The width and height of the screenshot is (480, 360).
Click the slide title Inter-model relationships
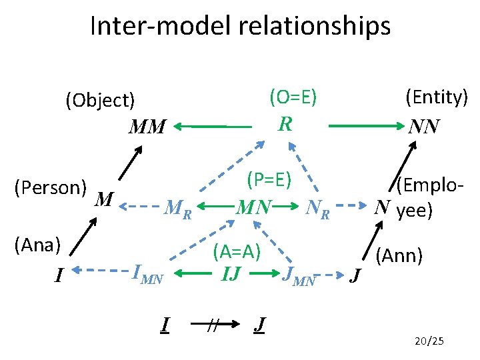pos(240,27)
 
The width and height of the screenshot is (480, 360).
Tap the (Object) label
pos(100,101)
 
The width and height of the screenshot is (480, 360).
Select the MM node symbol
pos(147,126)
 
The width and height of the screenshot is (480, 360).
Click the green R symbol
pos(285,124)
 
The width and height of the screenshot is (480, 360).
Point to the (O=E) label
pos(293,98)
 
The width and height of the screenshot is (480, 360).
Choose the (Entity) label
pos(437,97)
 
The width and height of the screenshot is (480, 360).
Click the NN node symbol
pos(425,126)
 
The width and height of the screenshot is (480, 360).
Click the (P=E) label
pos(267,180)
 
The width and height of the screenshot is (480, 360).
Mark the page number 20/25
pos(428,342)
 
